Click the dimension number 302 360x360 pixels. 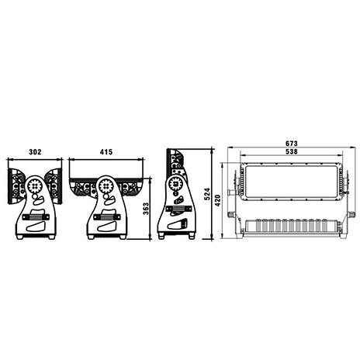coord(35,152)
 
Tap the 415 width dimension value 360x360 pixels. coord(106,152)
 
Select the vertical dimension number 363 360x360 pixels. coord(146,209)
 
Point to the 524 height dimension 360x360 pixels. coord(207,194)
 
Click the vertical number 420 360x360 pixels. coord(218,200)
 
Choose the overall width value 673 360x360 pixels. coord(292,144)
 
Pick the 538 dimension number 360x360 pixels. coord(292,151)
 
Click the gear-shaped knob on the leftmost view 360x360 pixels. coord(34,185)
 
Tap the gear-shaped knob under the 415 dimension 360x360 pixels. coord(106,185)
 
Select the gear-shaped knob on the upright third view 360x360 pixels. coord(175,183)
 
